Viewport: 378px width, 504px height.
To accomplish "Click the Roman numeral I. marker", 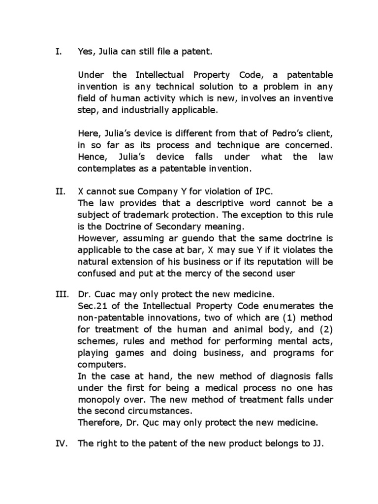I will (x=57, y=51).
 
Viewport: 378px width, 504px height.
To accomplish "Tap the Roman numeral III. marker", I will (x=60, y=295).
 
